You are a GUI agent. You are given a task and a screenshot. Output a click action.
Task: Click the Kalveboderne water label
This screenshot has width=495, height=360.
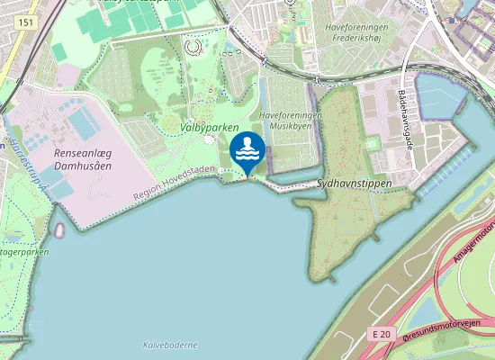169,345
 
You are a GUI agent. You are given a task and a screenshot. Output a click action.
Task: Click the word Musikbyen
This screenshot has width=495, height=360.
282,128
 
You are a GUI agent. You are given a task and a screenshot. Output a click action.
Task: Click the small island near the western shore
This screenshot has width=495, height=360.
59,230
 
